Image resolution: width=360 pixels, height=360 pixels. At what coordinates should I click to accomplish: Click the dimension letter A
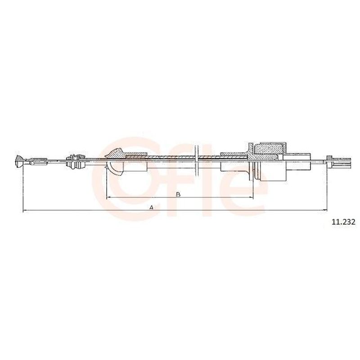(151, 207)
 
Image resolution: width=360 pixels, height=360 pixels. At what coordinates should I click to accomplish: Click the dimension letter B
(178, 194)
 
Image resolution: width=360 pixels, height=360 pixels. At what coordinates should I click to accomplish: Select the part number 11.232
(343, 222)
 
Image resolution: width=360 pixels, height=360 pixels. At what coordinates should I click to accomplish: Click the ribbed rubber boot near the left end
(75, 162)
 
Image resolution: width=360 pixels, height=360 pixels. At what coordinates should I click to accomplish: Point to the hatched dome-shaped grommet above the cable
(116, 153)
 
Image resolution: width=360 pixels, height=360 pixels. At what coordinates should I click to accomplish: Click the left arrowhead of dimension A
(25, 210)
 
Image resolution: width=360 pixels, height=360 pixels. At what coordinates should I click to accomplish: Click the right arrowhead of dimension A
(324, 210)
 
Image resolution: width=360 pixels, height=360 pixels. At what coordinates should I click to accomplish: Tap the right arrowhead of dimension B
(251, 197)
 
